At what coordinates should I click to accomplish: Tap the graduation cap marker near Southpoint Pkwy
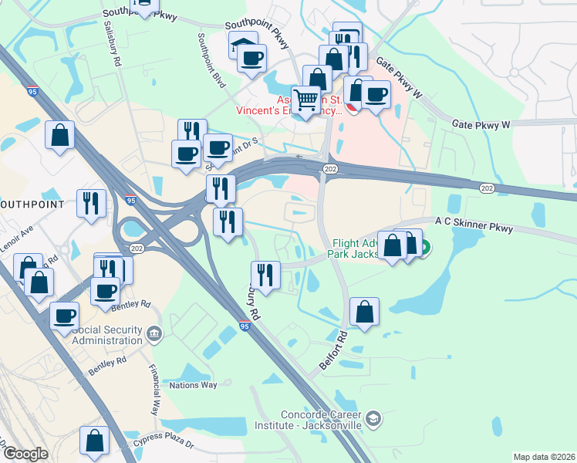click(243, 45)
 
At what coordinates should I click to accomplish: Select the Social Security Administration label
click(106, 335)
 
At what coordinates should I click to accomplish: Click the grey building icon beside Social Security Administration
click(154, 333)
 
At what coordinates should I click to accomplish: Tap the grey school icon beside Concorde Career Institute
click(373, 417)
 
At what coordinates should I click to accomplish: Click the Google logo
click(25, 454)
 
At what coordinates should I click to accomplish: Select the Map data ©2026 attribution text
click(544, 457)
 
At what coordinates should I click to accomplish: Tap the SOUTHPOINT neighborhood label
click(36, 204)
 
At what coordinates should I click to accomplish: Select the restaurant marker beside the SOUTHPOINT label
click(91, 203)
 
